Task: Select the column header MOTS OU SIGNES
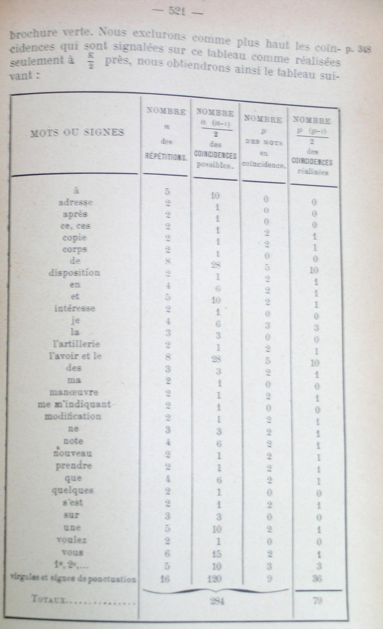click(x=77, y=132)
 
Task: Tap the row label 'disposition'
click(x=74, y=273)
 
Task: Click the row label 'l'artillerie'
click(x=76, y=344)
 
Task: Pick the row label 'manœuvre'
click(x=74, y=392)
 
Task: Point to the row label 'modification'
click(x=73, y=416)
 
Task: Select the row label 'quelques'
click(x=73, y=490)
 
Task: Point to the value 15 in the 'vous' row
click(x=216, y=554)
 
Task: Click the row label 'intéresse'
click(x=75, y=308)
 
